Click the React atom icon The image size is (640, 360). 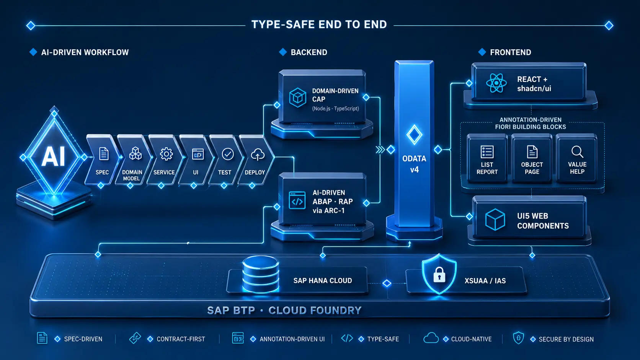point(496,83)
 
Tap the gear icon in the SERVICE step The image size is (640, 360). point(166,154)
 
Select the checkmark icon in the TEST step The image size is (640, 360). point(228,154)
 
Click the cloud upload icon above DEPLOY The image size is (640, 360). point(258,155)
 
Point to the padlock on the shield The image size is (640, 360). point(439,275)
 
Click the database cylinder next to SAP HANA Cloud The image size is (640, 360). point(260,274)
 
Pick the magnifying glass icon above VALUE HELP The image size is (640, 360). point(577,152)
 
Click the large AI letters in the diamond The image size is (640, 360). point(54,156)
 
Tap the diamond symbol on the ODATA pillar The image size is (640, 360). point(414,134)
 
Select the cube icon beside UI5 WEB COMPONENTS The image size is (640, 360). point(495,220)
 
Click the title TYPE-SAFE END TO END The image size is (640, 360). point(319,24)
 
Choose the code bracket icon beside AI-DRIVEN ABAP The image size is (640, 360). point(297,201)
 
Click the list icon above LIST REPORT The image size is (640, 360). point(487,152)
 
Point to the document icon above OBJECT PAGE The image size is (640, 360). point(532,152)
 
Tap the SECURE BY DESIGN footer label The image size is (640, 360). point(566,339)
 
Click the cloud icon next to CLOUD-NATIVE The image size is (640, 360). point(431,338)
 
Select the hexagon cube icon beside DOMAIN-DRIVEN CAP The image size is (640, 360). point(298,98)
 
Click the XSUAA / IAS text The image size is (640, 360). point(485,281)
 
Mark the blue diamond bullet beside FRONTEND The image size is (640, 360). point(482,52)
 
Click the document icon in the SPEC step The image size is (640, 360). point(104,154)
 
